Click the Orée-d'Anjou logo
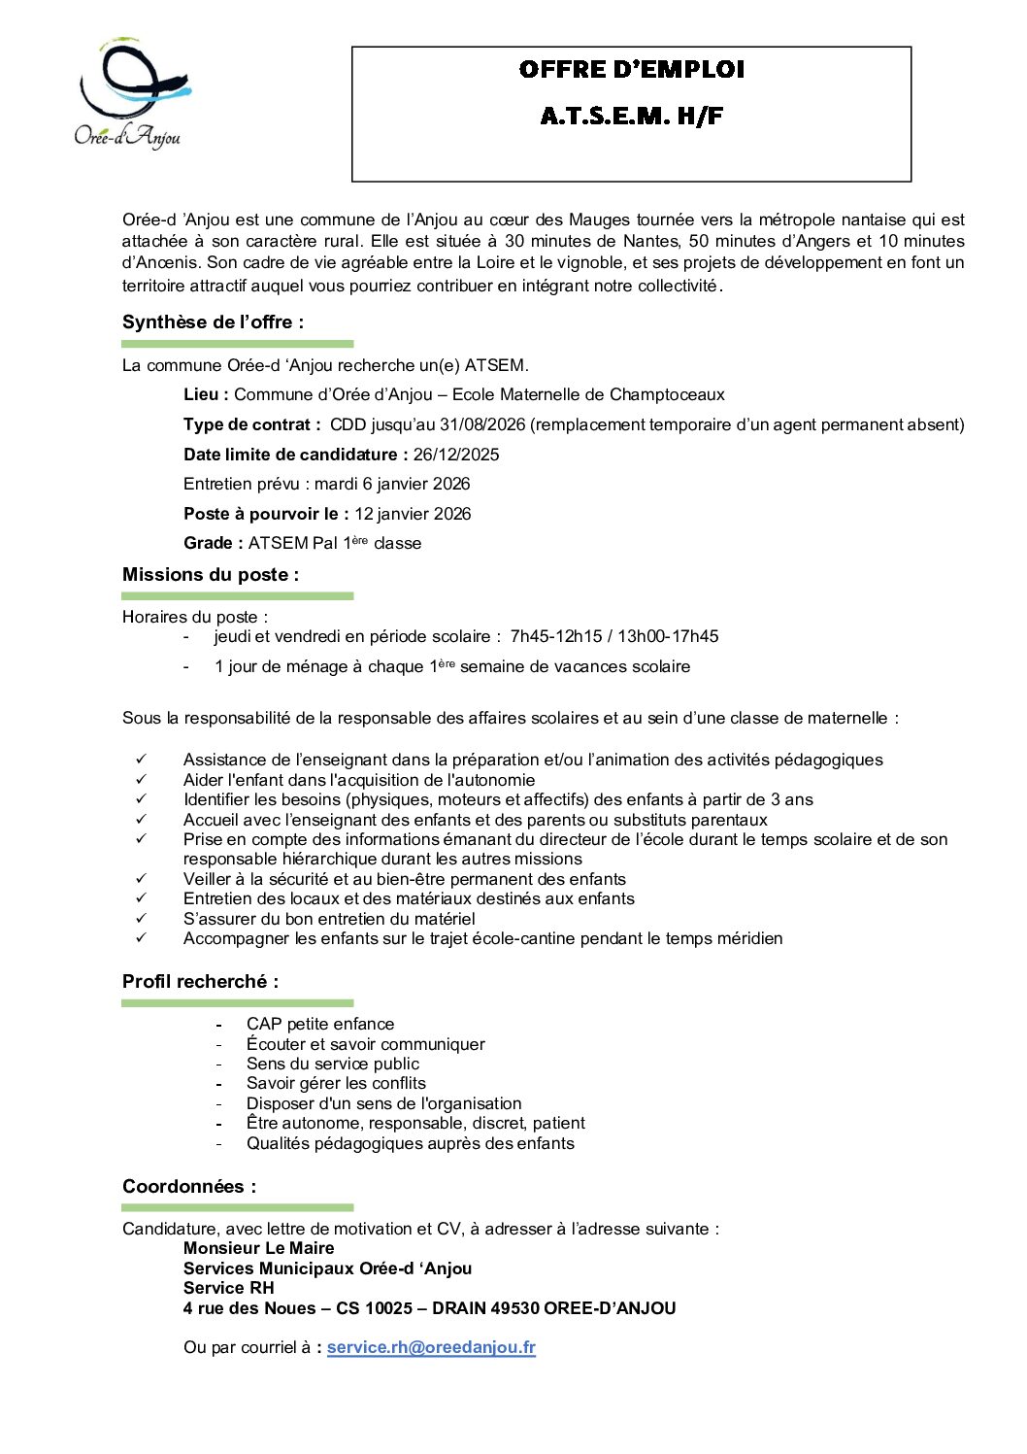[x=130, y=94]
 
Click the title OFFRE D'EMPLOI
[x=631, y=70]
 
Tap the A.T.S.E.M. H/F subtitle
[x=631, y=117]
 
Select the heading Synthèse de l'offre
[x=213, y=322]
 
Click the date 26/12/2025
[x=456, y=455]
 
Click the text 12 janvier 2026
[x=413, y=514]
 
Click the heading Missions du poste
[x=211, y=575]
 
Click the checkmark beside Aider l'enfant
[x=142, y=780]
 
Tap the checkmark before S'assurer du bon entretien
[x=142, y=919]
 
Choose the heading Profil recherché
[x=200, y=982]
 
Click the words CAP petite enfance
[x=320, y=1025]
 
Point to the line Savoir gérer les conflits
[x=336, y=1084]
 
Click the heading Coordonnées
[x=189, y=1187]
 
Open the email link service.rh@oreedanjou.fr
[x=431, y=1348]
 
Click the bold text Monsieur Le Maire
[x=258, y=1249]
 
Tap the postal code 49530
[x=514, y=1308]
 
